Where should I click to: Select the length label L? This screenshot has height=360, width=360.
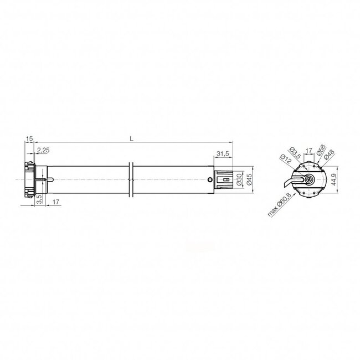click(131, 138)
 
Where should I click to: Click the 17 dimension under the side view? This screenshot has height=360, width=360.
click(58, 202)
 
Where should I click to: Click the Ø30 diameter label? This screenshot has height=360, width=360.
click(239, 180)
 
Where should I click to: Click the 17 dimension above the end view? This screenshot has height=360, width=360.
click(310, 150)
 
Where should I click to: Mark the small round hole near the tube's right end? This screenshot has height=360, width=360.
click(209, 179)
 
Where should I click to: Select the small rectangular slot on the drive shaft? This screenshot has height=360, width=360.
click(226, 179)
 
